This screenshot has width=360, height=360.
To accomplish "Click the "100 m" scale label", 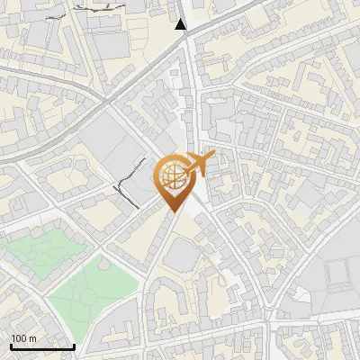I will (23, 338).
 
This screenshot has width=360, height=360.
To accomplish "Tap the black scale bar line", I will (42, 346).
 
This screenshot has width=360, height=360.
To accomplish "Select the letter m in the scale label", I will (31, 338).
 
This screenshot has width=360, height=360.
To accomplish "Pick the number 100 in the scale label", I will (19, 338).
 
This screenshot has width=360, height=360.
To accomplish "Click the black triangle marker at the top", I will (181, 24).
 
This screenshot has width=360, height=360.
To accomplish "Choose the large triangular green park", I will (90, 288).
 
